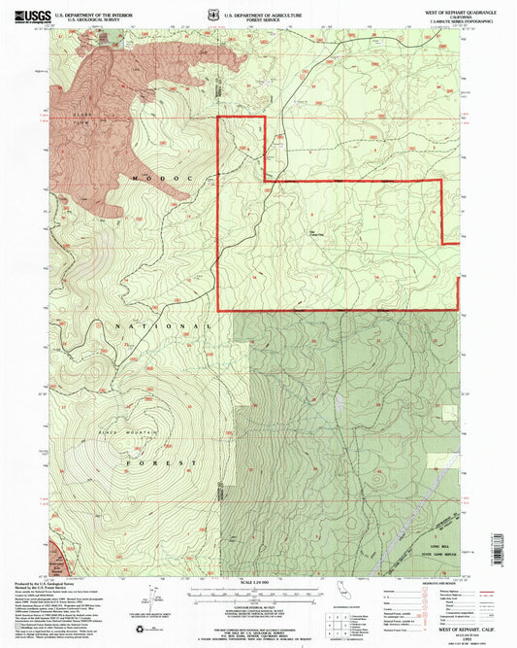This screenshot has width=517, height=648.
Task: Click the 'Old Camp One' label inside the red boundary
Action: tap(317, 232)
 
